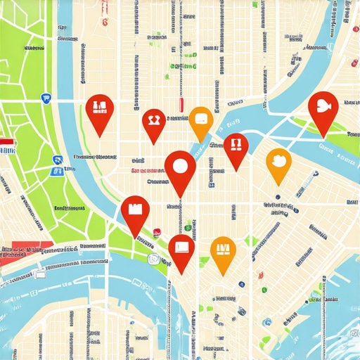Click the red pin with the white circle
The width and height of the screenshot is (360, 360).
[x=179, y=167]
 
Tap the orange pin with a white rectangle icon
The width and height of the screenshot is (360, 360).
[x=200, y=119]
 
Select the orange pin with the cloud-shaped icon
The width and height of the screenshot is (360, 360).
[x=278, y=160]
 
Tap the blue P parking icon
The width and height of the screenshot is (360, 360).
[x=46, y=99]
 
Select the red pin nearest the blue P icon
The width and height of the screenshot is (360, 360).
[x=99, y=108]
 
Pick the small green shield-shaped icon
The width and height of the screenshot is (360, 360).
[x=187, y=226]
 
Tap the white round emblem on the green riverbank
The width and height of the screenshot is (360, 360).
[x=153, y=258]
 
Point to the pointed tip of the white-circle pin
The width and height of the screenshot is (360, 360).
[x=180, y=197]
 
